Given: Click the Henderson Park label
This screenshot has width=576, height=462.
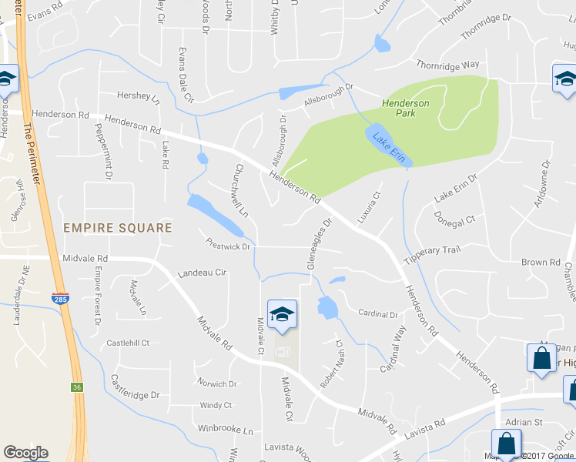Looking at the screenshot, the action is coord(405,108).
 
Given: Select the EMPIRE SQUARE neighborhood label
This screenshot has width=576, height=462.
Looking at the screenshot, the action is coord(117,228).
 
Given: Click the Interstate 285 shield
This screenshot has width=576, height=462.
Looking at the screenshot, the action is coord(59,297).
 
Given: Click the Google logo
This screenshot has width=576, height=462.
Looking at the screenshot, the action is coord(25,453).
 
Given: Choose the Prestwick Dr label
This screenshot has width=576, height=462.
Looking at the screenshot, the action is coord(228,247).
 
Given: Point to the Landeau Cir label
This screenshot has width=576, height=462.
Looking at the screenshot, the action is coord(202,273).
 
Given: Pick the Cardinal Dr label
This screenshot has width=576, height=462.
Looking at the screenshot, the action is coord(378,314).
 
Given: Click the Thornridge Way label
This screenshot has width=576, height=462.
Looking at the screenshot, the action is coord(447,65).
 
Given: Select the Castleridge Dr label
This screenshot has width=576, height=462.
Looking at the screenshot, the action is coord(134,387).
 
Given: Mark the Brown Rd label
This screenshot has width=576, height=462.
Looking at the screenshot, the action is coord(540,263).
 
